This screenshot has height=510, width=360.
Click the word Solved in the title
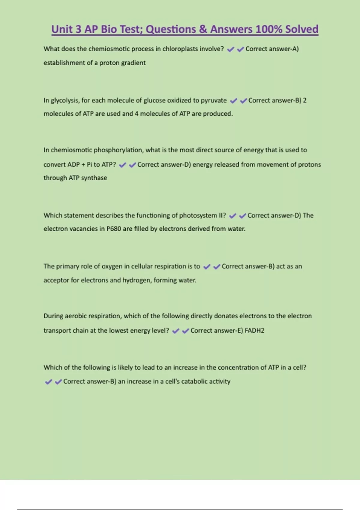pos(301,29)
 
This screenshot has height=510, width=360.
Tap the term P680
pos(114,229)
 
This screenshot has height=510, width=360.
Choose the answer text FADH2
pos(254,331)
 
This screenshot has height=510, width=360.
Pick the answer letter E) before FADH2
pos(240,331)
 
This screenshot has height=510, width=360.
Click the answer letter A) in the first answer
pos(295,49)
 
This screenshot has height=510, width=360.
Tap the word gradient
pos(134,63)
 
